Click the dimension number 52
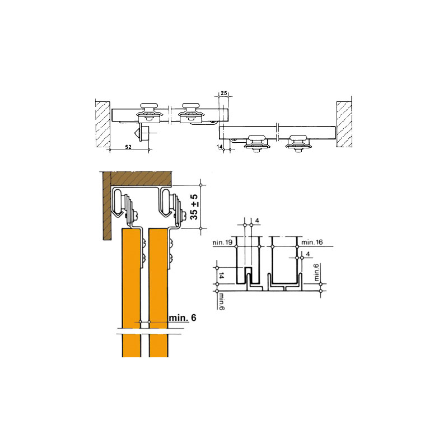tap(128, 147)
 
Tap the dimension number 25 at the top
tap(224, 94)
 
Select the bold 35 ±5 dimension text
tap(194, 207)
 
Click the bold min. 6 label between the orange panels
tap(183, 318)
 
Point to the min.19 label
tap(222, 242)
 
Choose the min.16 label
tap(312, 242)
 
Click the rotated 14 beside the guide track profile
tap(221, 276)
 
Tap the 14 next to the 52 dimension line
tap(220, 147)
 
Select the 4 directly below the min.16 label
tap(307, 254)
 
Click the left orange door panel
tap(132, 292)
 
